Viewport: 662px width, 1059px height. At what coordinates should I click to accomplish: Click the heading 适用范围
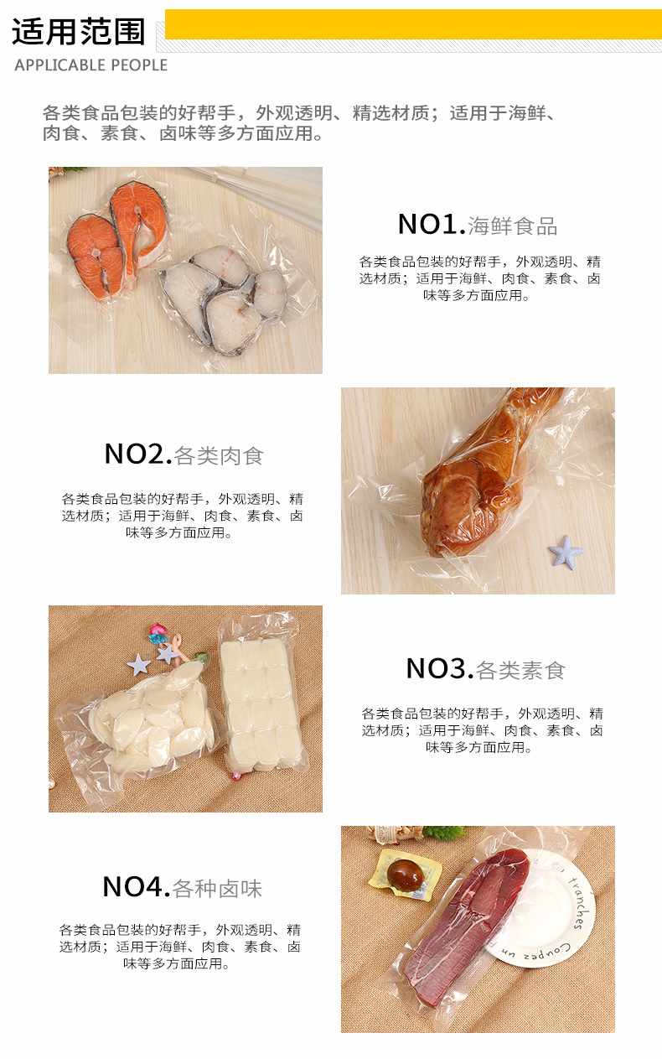pos(78,32)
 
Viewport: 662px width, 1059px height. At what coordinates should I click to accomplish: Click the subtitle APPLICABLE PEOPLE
pos(91,65)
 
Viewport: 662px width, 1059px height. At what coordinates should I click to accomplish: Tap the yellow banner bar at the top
pos(412,24)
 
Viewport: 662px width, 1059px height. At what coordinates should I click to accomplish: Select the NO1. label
pos(431,225)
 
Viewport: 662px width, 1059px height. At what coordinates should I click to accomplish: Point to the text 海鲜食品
pos(512,226)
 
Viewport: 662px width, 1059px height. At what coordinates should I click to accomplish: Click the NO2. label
pos(137,454)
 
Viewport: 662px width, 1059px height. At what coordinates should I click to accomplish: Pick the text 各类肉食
pos(219,456)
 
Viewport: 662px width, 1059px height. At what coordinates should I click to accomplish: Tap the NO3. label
pos(439,669)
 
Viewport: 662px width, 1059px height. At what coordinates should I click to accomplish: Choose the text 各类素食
pos(520,671)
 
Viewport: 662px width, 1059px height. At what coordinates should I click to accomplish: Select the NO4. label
pos(136,887)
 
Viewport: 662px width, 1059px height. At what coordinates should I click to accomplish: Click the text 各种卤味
pos(217,889)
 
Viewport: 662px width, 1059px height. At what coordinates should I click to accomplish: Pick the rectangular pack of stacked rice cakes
pos(261,700)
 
